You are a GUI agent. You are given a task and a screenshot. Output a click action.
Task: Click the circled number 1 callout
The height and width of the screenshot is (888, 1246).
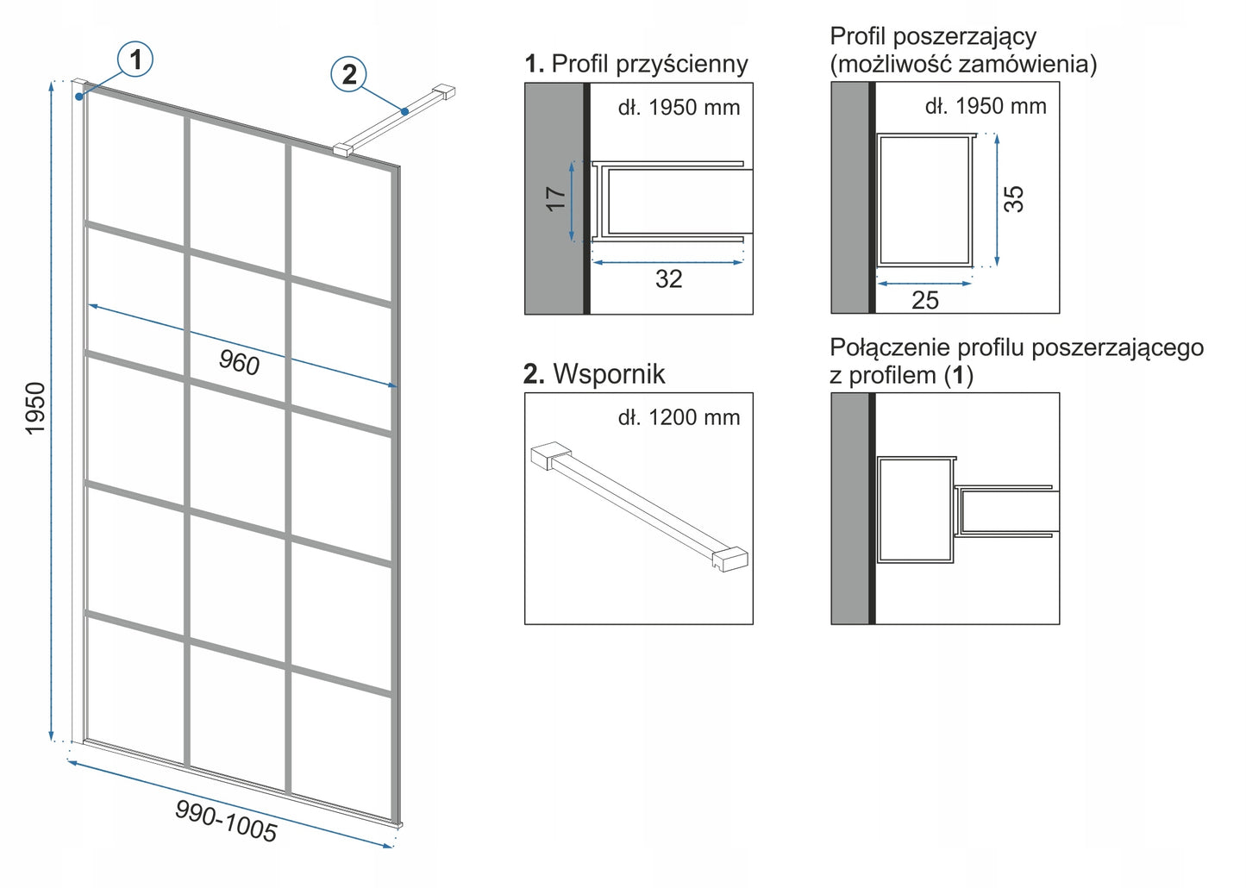tap(135, 59)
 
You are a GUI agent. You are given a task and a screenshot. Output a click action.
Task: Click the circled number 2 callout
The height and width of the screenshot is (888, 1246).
tap(349, 74)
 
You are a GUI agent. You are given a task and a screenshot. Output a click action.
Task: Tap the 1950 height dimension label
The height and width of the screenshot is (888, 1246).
tap(35, 409)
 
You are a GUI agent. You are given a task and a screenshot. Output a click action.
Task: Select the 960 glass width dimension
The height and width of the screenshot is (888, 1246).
tap(239, 362)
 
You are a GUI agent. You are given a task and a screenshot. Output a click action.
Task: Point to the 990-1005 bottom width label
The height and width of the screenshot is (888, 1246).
tap(226, 821)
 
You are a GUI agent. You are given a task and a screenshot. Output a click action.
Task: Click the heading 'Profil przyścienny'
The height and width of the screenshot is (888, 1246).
tap(649, 64)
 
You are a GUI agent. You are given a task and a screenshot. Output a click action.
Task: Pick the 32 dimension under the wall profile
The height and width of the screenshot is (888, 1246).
tap(668, 278)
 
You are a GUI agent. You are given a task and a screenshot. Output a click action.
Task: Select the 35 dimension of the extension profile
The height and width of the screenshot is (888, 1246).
tap(1014, 198)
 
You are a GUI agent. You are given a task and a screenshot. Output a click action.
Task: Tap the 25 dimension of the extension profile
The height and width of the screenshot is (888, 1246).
tap(924, 300)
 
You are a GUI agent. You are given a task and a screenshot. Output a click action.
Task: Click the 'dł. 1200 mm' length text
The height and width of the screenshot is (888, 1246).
tap(679, 418)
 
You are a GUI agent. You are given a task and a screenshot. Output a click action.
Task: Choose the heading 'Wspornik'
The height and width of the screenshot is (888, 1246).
tap(609, 374)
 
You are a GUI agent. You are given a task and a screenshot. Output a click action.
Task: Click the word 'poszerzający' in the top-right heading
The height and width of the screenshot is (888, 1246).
tap(964, 37)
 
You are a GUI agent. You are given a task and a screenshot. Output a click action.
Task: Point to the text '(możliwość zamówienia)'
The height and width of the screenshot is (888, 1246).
tap(963, 64)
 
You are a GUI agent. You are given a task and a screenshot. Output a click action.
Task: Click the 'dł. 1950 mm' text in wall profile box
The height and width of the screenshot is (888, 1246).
tap(679, 108)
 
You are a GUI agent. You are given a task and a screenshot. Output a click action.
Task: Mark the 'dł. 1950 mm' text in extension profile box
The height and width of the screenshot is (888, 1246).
tap(986, 106)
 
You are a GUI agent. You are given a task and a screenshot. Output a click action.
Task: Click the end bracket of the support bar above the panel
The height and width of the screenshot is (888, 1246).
tap(444, 92)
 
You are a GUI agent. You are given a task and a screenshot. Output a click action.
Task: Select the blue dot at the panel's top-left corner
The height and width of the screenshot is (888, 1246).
tap(79, 97)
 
